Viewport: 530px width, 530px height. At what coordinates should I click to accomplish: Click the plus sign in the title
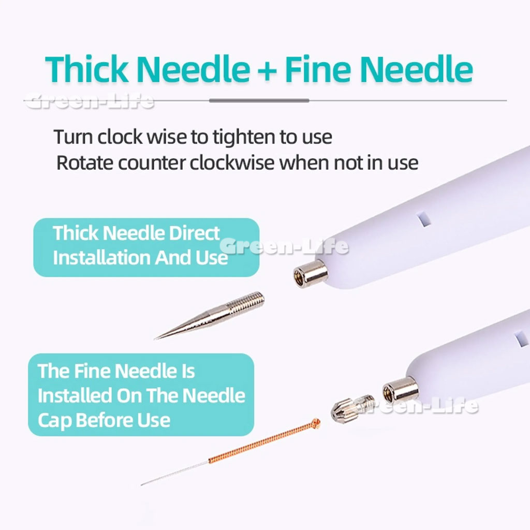pos(267,70)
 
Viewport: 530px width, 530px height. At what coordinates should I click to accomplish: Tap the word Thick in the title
pos(87,69)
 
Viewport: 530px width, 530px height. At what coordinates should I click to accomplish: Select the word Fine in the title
pos(318,69)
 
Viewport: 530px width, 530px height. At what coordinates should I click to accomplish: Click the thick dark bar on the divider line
pos(259,100)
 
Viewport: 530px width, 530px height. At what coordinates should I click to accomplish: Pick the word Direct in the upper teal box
pos(195,233)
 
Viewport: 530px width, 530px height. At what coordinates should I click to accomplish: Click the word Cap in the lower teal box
pos(54,421)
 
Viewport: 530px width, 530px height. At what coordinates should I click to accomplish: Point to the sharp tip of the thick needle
pos(155,338)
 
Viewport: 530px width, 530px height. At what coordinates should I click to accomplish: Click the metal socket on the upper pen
pos(311,274)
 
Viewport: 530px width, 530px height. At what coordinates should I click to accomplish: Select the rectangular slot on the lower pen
pos(521,340)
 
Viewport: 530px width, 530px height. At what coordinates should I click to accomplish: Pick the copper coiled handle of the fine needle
pos(262,443)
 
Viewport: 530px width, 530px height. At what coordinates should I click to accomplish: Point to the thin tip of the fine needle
pos(142,484)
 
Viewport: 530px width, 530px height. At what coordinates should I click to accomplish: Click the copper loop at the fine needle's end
pos(316,423)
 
